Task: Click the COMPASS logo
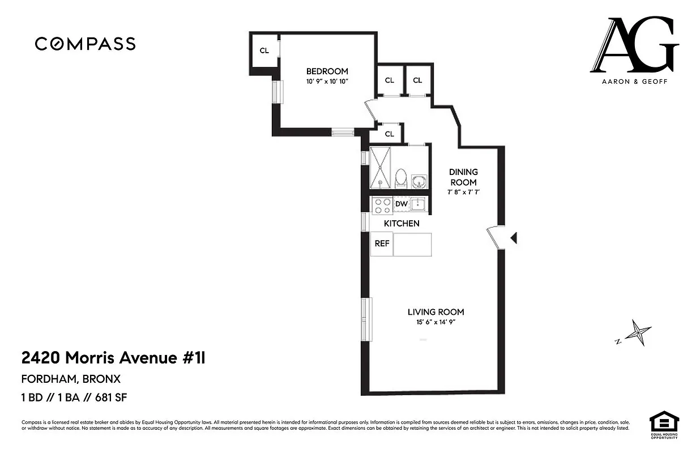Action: [x=85, y=44]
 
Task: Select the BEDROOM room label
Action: [x=327, y=71]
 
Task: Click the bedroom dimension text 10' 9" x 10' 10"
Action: [x=327, y=82]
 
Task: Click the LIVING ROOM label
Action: [x=436, y=312]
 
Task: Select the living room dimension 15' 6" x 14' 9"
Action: [x=436, y=323]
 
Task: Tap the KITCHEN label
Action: [x=402, y=224]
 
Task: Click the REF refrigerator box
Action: [x=382, y=244]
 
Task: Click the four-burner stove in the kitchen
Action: [x=382, y=205]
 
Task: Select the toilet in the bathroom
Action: [x=401, y=178]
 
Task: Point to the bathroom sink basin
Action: [x=420, y=182]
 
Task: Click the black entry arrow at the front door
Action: [x=514, y=238]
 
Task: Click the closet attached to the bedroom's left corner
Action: [x=264, y=50]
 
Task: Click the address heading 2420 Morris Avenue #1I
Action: [x=117, y=358]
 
